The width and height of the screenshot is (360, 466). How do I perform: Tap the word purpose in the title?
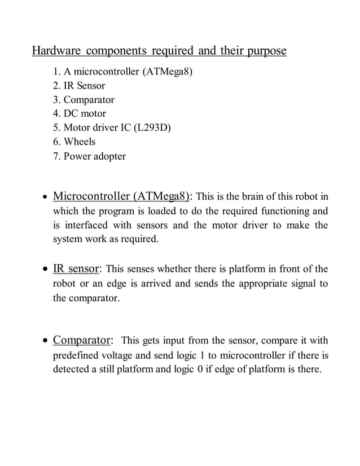[x=266, y=52]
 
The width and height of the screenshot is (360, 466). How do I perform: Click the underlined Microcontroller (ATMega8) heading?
[x=122, y=197]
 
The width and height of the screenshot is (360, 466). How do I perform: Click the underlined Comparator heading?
[x=82, y=340]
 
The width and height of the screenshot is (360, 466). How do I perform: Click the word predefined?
[x=77, y=355]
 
